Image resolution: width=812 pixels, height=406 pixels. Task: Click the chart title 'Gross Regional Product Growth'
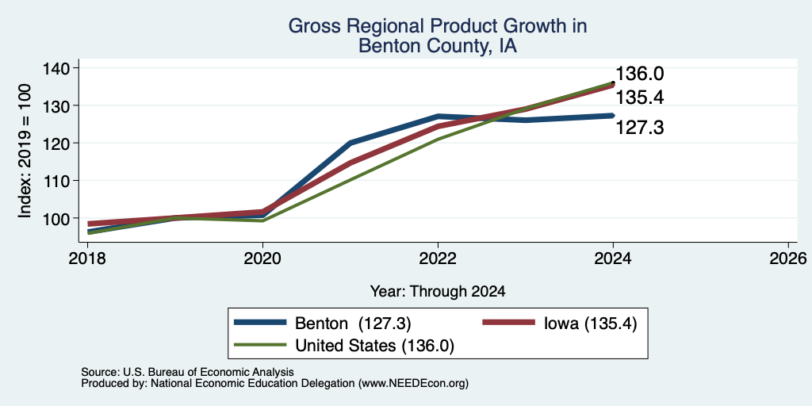point(438,26)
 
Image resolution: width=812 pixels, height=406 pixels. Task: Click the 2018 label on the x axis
point(87,258)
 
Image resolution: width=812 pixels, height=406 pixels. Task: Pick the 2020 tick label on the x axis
point(262,258)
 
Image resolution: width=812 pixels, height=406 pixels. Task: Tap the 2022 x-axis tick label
point(438,258)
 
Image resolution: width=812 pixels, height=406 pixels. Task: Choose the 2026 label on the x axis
point(789,258)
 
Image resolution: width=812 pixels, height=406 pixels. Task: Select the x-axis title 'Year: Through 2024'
point(438,292)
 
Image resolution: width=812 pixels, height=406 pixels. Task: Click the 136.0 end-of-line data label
point(639,74)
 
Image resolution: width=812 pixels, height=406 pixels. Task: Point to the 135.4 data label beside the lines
point(639,98)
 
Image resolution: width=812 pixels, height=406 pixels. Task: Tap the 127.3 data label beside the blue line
point(639,128)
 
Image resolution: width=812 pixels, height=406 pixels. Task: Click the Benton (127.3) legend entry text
point(353,324)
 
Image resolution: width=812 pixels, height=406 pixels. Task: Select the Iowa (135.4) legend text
point(590,324)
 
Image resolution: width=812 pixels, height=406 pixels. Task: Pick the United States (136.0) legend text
point(374,346)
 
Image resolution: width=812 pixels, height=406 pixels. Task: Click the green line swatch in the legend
point(260,344)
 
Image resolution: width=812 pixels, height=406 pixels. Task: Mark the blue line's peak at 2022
point(438,116)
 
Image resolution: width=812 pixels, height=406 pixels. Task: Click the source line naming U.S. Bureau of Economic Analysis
point(187,372)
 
